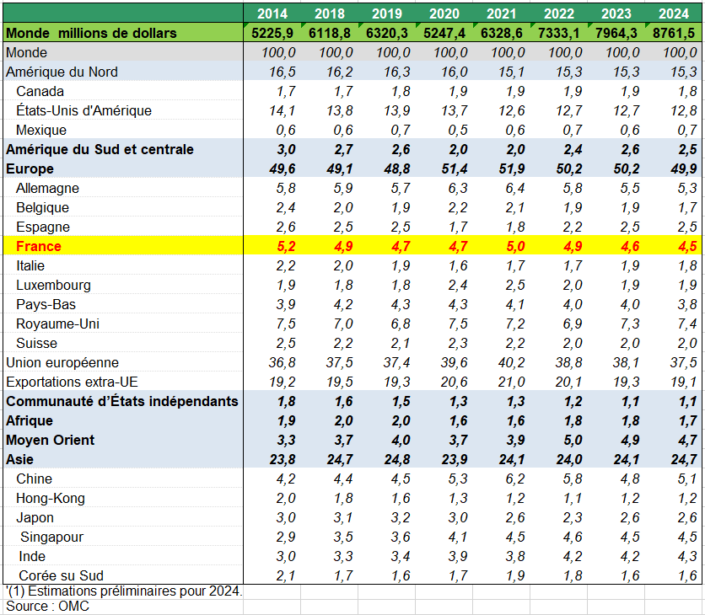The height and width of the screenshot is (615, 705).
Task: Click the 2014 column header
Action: point(272,13)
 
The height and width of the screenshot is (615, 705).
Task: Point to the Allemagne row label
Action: point(48,188)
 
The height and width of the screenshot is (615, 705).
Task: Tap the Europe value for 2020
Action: point(444,168)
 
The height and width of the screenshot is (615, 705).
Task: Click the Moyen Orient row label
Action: point(51,440)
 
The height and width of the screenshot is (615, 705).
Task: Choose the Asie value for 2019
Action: point(387,459)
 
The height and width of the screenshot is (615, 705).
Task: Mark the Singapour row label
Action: point(51,537)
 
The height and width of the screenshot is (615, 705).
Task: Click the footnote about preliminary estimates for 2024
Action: point(124,591)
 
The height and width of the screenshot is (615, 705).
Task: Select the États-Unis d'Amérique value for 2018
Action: point(330,110)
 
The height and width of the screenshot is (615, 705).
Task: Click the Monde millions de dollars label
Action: point(92,32)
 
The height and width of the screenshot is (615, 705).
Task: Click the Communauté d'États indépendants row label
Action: point(122,401)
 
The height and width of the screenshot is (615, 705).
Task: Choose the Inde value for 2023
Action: point(616,556)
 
